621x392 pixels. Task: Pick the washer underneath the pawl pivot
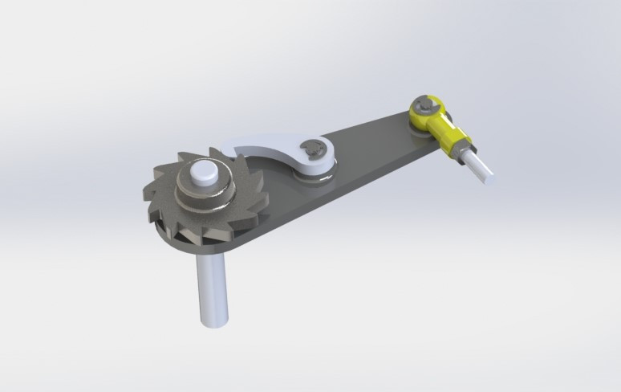click(317, 173)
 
